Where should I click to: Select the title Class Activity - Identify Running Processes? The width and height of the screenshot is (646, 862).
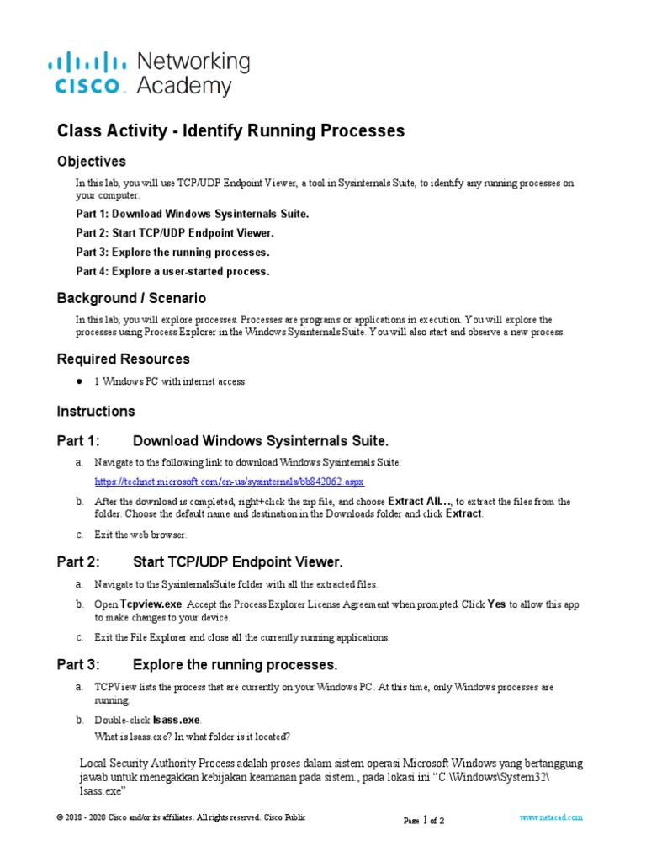point(230,130)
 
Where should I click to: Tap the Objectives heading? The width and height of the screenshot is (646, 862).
point(91,162)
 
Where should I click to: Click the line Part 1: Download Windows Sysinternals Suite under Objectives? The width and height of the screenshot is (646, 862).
point(193,214)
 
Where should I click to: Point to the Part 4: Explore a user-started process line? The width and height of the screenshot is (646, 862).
point(172,271)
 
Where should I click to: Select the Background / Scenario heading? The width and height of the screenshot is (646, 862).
point(131,298)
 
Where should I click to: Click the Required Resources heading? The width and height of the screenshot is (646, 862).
point(123,359)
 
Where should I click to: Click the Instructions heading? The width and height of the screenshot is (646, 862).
point(95,412)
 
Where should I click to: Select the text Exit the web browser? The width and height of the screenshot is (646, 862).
point(140,535)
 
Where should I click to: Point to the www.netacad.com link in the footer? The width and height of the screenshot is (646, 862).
point(551,817)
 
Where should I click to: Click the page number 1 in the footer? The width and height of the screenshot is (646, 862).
point(426,820)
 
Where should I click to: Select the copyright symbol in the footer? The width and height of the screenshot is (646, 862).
point(60,817)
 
